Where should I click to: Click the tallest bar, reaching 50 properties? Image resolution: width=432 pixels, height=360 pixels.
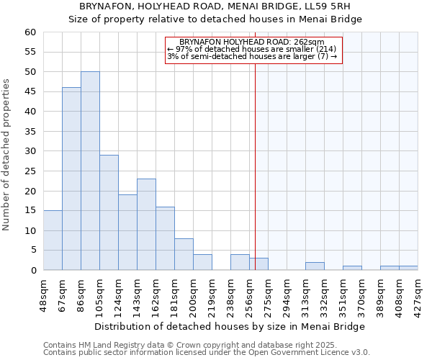coord(90,171)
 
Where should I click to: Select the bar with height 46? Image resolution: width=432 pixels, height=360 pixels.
coord(71,179)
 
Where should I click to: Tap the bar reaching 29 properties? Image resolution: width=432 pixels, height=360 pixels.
coord(109,212)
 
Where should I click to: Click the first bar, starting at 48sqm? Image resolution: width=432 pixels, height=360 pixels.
coord(53,240)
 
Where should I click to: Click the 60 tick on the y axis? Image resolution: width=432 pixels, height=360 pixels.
coord(30,32)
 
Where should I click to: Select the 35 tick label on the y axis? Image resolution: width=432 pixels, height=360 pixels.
coord(30,132)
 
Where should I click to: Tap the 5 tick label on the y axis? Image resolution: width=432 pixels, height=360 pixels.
coord(33,251)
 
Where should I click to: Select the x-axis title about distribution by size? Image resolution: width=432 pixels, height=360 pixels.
coord(230,326)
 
